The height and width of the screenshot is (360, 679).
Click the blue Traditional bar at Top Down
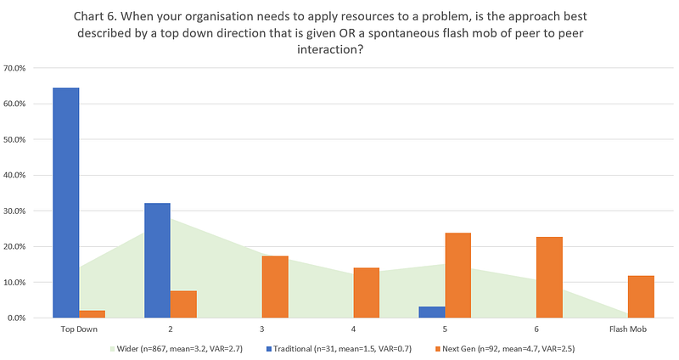coord(65,203)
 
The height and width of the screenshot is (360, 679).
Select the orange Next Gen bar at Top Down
coord(92,314)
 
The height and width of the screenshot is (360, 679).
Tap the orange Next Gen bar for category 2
coord(183,304)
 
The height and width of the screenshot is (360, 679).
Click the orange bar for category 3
coord(275,287)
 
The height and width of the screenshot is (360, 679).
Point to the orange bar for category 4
coord(367,293)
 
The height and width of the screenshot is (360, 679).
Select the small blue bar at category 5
coord(432,312)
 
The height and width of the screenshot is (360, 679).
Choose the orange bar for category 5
coord(458,275)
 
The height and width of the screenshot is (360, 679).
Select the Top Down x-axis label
coord(78,329)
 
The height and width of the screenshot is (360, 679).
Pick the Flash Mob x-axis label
coord(628,329)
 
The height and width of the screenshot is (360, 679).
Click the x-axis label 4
coord(353,329)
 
